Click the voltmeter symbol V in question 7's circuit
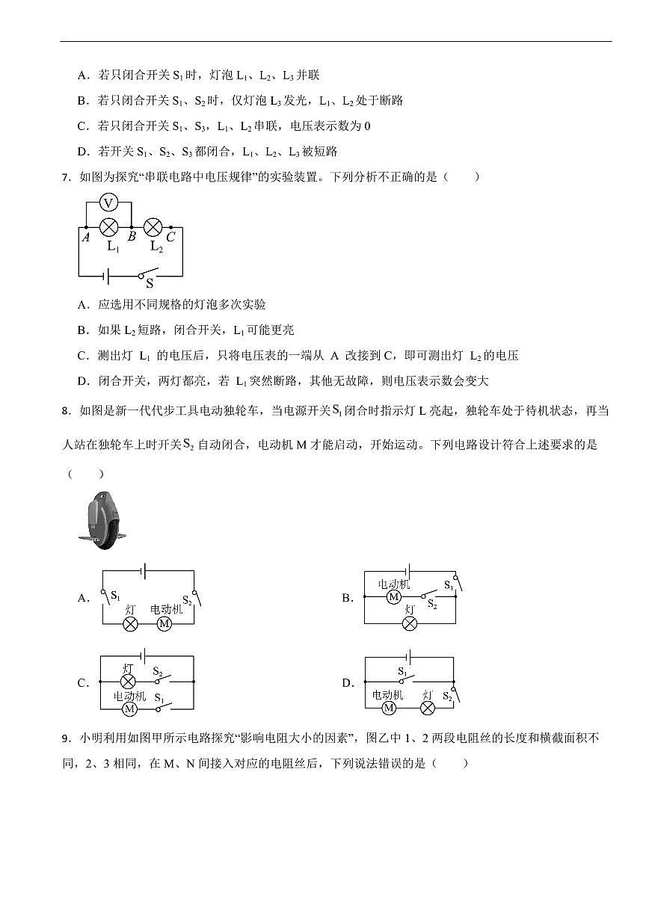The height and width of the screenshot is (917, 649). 108,203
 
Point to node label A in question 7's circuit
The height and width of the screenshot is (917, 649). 86,238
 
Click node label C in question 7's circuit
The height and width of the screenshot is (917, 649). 171,237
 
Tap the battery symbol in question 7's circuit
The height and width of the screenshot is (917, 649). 108,277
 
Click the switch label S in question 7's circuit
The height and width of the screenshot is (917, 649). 150,283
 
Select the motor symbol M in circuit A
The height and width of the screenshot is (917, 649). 164,624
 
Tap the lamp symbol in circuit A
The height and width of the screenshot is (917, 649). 130,624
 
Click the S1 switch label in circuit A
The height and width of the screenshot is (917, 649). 115,596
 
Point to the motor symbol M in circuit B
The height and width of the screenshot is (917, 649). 394,597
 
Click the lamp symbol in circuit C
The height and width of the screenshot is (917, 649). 128,682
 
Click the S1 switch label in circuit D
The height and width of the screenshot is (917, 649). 403,672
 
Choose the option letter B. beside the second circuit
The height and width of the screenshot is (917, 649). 348,598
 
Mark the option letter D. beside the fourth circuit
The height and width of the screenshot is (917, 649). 348,683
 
